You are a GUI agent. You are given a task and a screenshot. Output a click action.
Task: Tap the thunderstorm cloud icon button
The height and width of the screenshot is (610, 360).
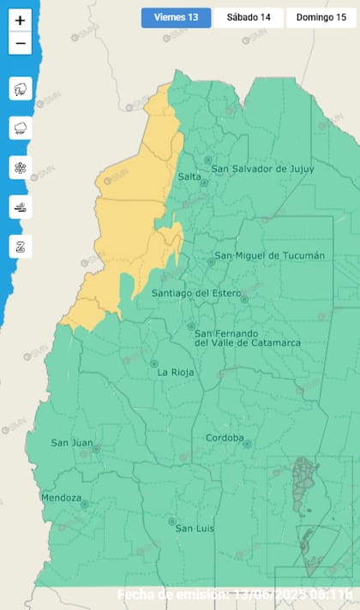point(21,88)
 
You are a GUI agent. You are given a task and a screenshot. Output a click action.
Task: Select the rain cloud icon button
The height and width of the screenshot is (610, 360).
point(21,128)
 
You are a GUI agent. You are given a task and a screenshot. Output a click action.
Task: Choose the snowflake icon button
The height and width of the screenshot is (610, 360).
point(21,167)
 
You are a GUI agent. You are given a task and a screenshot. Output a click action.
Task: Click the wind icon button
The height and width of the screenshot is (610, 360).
point(21,206)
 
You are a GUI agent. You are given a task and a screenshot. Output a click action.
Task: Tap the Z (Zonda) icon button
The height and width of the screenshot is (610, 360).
point(21,246)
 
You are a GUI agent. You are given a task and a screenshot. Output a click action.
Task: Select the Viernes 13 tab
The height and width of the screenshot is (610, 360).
point(176,18)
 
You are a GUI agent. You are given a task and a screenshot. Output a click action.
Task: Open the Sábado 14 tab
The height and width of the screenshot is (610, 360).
point(249,18)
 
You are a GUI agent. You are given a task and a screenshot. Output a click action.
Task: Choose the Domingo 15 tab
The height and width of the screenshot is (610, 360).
point(320,18)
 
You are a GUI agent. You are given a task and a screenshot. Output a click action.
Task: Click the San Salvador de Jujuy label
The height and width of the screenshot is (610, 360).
point(262,169)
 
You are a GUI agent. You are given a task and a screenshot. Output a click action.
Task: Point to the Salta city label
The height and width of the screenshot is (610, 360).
point(189,176)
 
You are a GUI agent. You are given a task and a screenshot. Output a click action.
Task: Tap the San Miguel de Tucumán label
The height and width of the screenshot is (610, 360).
point(270,255)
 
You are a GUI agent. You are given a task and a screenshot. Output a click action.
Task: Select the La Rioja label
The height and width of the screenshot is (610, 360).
point(175,373)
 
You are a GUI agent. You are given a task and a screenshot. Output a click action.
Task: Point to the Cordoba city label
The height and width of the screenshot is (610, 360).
point(225,439)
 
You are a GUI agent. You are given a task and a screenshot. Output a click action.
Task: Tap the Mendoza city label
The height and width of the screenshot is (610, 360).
point(61,498)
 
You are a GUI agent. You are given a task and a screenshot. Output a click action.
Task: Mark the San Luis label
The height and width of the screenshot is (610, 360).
point(195,529)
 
